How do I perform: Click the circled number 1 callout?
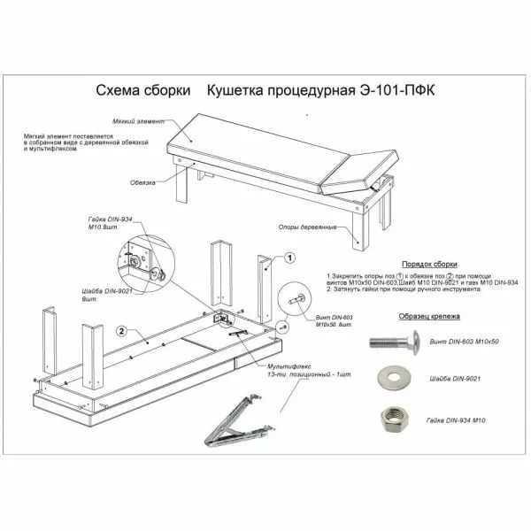[x=289, y=258]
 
